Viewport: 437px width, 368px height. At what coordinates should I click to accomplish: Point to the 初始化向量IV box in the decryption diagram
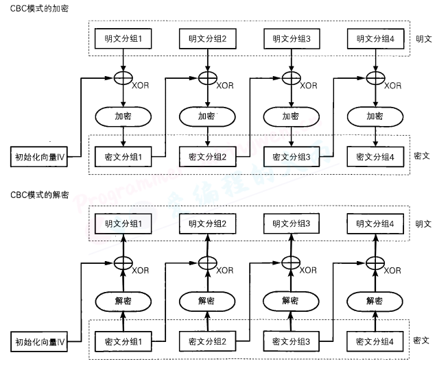point(40,341)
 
